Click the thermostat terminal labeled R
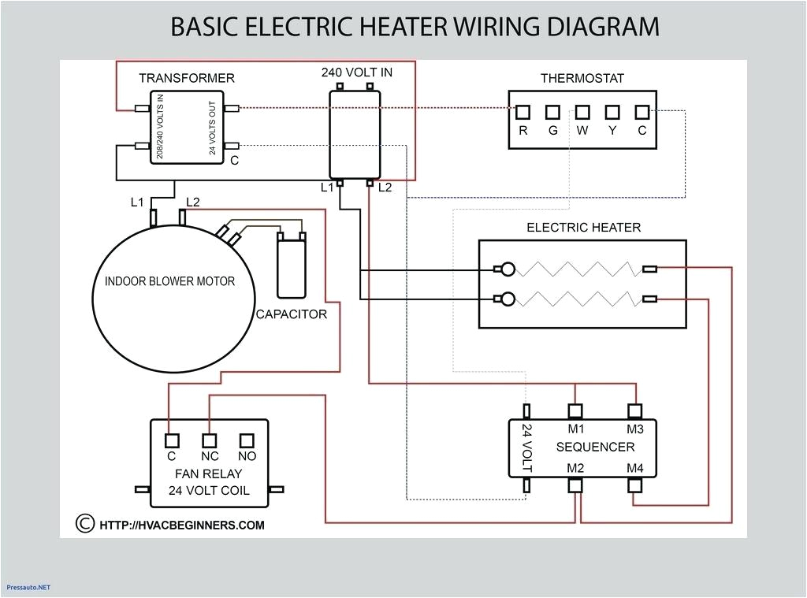point(523,112)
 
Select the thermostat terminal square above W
point(582,112)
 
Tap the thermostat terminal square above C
point(642,112)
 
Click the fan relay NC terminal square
point(209,440)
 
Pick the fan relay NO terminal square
point(247,440)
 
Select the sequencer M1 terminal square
point(575,410)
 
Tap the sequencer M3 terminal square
point(635,410)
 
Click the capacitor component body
point(291,269)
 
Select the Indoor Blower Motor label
point(169,281)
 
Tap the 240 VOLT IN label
point(356,72)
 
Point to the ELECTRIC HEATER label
point(583,228)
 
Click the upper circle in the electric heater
point(508,269)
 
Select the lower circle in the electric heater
point(508,299)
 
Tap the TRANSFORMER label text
point(187,78)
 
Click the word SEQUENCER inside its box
point(595,447)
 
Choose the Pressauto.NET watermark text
point(28,587)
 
